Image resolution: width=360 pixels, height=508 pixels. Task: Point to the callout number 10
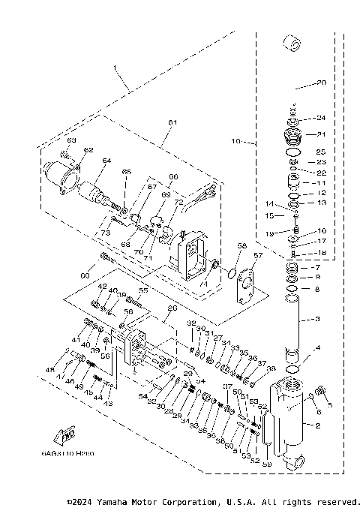point(235,140)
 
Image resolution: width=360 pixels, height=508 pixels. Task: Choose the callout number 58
point(241,245)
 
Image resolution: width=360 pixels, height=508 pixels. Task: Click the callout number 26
point(172,308)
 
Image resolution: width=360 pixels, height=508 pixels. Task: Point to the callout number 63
point(72,140)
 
